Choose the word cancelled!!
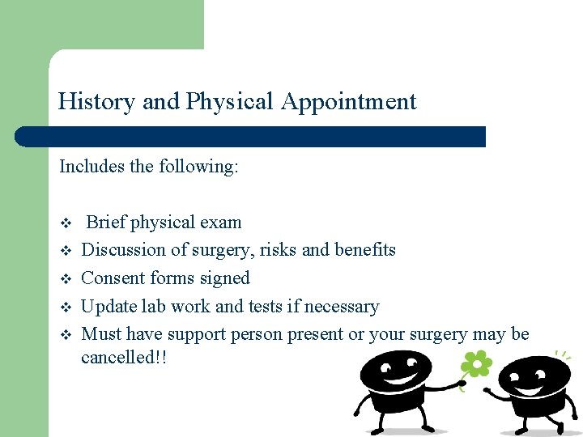pyautogui.click(x=123, y=357)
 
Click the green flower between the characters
pyautogui.click(x=477, y=365)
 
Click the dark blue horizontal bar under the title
pyautogui.click(x=251, y=137)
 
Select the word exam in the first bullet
pyautogui.click(x=221, y=223)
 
